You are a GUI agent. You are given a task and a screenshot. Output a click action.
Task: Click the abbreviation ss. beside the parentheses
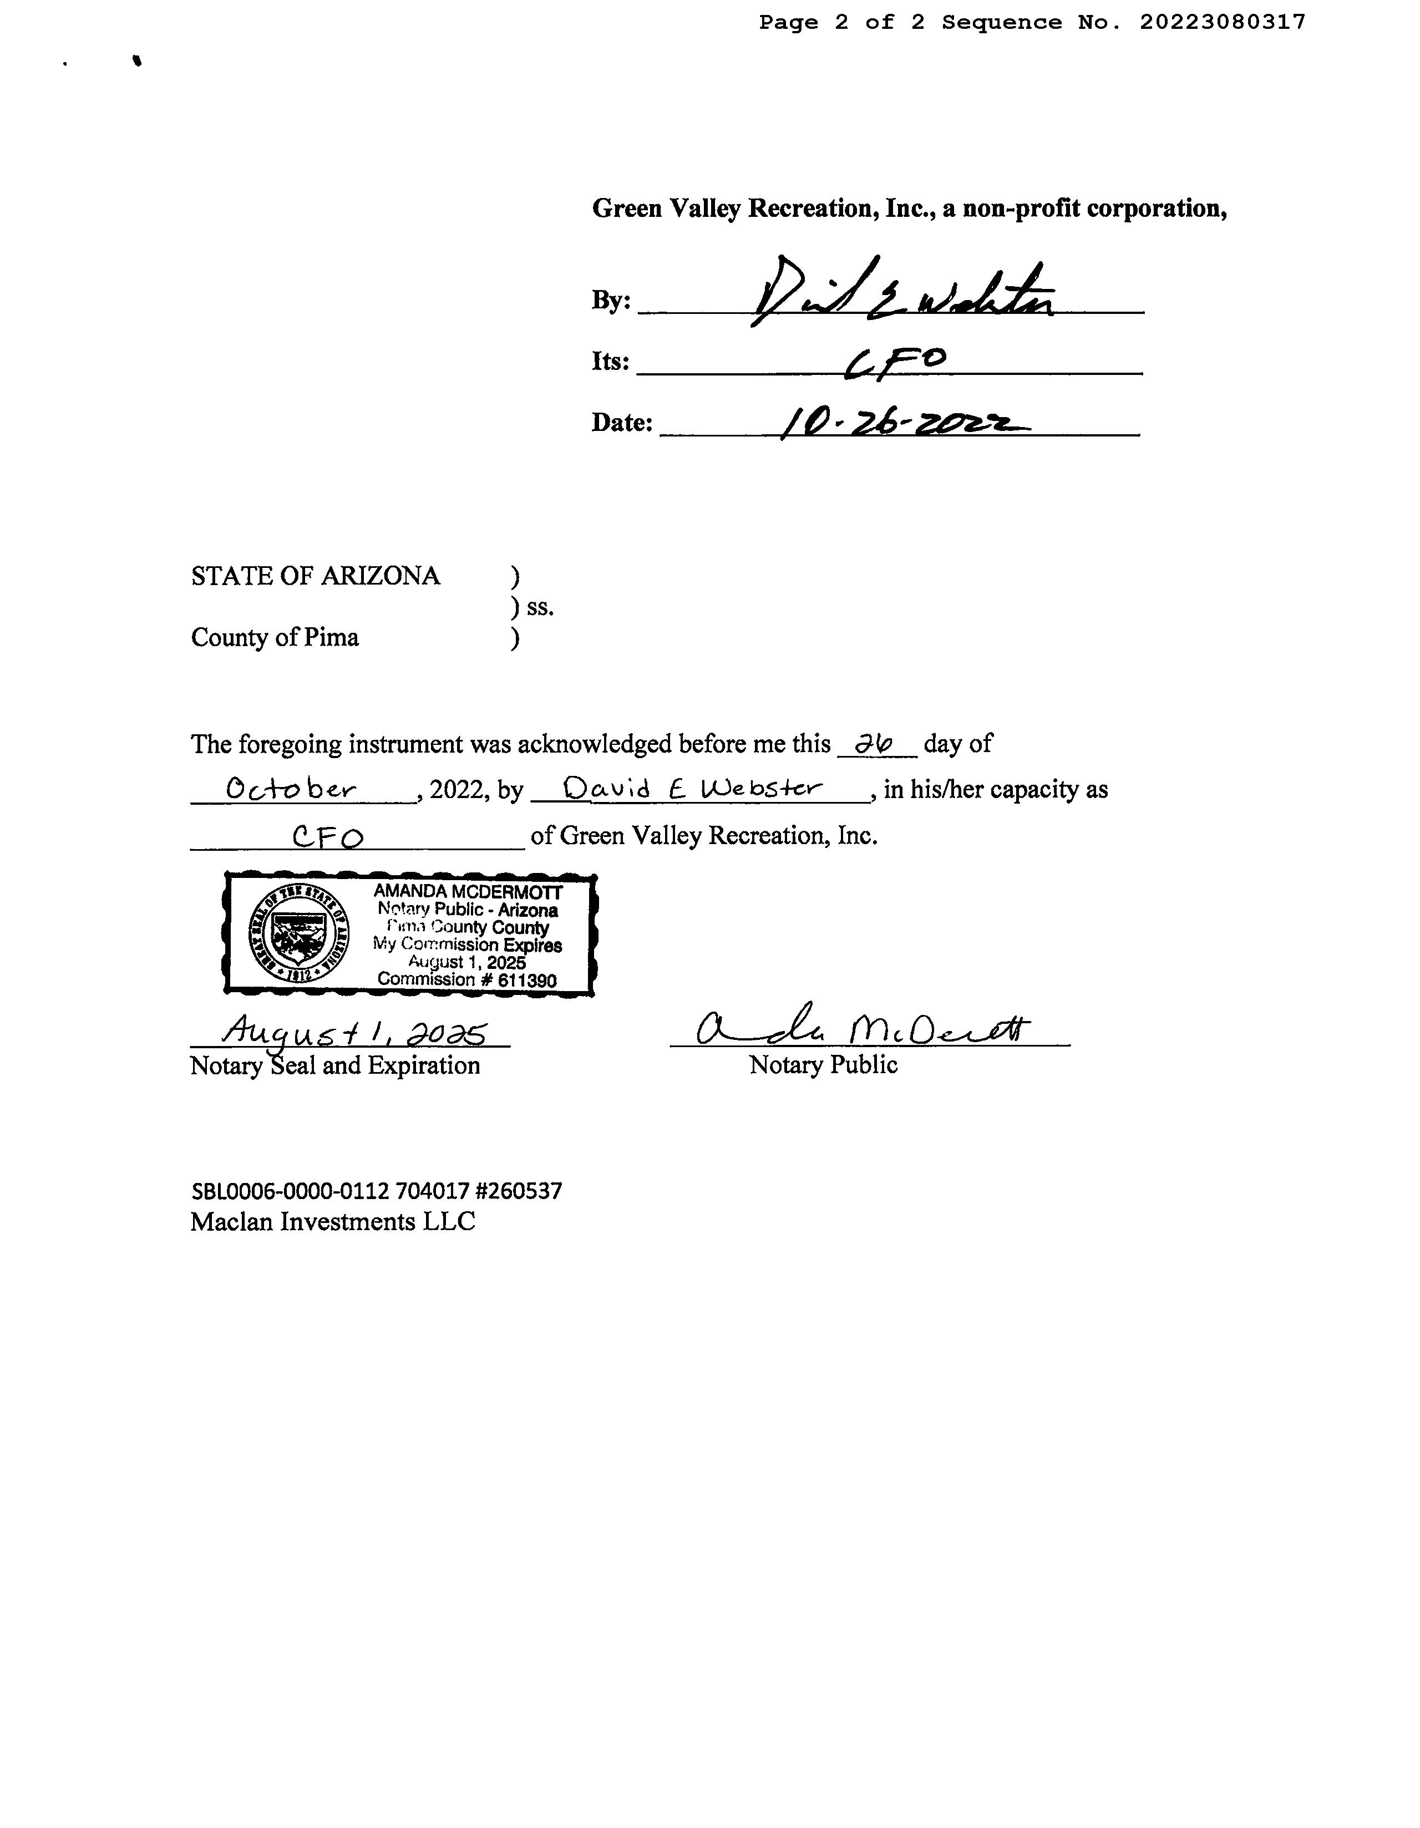(x=540, y=607)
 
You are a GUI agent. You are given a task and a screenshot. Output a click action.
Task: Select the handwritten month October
(x=291, y=789)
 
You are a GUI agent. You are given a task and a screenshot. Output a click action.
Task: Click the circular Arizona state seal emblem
(x=300, y=933)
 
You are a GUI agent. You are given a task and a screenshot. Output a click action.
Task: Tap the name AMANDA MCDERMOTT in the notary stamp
(x=467, y=892)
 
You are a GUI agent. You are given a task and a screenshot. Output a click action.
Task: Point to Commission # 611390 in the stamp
(x=466, y=979)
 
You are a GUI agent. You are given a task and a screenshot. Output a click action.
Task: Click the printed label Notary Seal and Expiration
(x=335, y=1065)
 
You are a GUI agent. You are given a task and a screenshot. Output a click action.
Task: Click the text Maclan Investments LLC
(x=332, y=1222)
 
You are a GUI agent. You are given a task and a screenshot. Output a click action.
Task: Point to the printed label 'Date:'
(x=621, y=424)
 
